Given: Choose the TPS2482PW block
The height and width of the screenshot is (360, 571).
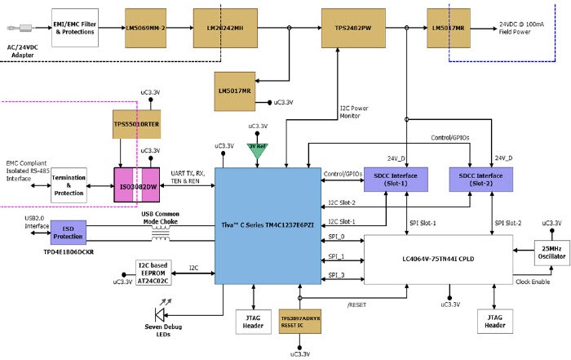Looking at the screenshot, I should tap(352, 28).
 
